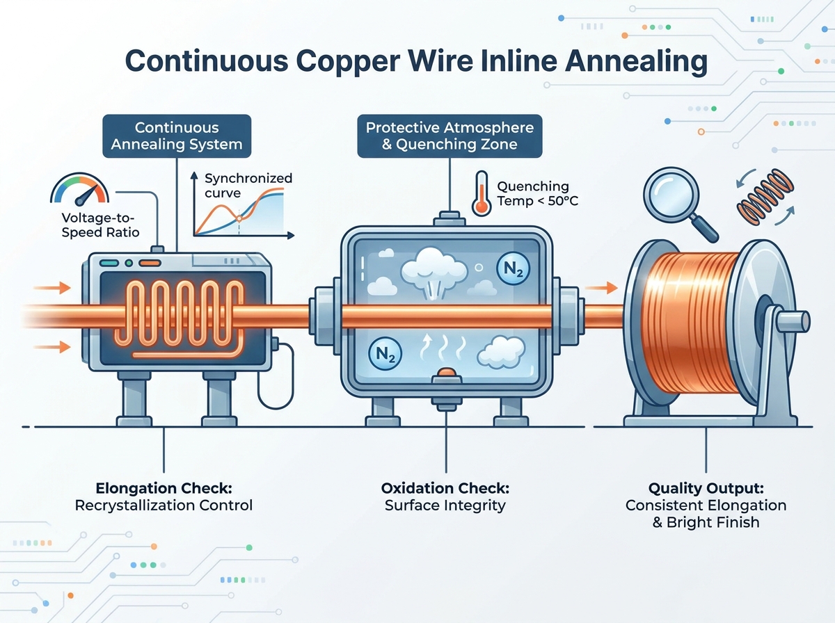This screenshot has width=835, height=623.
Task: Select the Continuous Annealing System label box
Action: (177, 136)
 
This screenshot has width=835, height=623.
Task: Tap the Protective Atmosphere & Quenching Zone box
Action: (450, 136)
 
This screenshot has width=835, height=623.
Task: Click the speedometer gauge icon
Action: (79, 189)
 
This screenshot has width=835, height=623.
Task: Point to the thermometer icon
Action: (482, 193)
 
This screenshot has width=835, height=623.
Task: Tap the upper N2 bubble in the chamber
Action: (513, 268)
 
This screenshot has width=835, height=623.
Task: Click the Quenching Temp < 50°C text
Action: (537, 193)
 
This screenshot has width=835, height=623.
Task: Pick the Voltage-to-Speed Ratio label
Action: (100, 225)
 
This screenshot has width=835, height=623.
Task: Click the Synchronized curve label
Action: (248, 186)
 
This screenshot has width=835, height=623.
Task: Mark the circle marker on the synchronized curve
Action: (239, 218)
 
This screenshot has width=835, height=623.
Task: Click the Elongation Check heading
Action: (164, 488)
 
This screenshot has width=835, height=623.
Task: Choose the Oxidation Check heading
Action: (445, 488)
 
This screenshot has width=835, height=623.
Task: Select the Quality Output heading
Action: (706, 488)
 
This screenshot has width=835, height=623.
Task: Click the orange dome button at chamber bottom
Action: (447, 372)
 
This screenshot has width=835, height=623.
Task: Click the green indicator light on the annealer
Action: (129, 263)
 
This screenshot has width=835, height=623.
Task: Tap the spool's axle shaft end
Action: (804, 322)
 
